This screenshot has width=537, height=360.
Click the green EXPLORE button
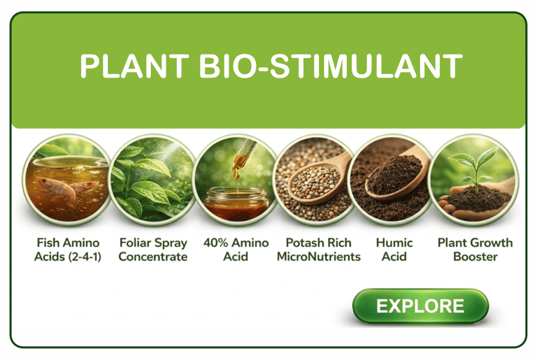click(x=420, y=306)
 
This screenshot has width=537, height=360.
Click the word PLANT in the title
click(x=134, y=66)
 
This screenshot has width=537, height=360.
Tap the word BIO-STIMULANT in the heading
click(x=331, y=66)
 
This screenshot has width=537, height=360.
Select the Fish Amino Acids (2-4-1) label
click(x=68, y=250)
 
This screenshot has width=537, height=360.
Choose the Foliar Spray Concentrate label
click(x=153, y=250)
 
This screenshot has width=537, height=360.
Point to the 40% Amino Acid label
click(x=236, y=250)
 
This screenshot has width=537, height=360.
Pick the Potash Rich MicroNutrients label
click(x=319, y=250)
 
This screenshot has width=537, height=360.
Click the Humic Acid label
click(x=394, y=250)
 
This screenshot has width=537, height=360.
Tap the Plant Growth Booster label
click(x=475, y=250)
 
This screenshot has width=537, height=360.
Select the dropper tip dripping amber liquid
click(x=236, y=173)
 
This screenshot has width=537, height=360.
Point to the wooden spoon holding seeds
click(x=319, y=179)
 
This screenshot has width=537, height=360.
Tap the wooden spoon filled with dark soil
click(x=397, y=175)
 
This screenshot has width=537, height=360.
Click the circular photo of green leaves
click(x=153, y=180)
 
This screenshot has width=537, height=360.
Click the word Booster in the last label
click(x=475, y=257)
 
